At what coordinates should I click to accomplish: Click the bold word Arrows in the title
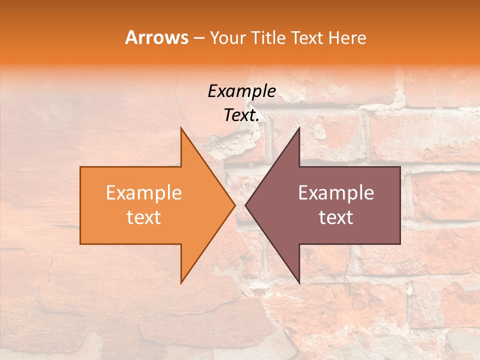pos(157,37)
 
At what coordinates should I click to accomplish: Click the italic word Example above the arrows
pos(241,91)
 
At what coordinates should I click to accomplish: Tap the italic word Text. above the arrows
pos(241,115)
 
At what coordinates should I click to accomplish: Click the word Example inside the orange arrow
pos(144,192)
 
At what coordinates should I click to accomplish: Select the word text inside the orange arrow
pos(144,217)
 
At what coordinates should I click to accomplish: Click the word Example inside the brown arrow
pos(336,192)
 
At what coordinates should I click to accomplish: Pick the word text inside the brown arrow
pos(336,217)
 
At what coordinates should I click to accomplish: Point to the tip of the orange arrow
pos(235,205)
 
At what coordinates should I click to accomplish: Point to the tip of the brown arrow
pos(245,205)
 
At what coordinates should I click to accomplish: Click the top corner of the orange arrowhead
pos(181,127)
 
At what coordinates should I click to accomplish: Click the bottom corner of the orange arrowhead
pos(181,283)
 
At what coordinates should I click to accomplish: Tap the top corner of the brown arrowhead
pos(299,127)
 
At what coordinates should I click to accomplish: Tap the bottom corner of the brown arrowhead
pos(299,283)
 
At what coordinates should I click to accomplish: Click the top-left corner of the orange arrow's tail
pos(80,167)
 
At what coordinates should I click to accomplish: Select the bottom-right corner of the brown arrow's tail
pos(400,244)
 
